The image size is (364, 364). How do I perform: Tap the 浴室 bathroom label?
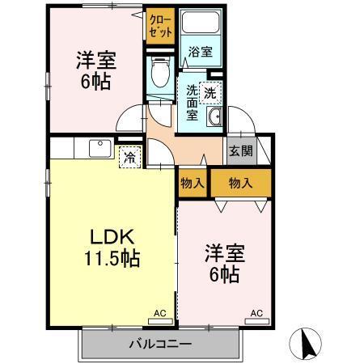click(200, 53)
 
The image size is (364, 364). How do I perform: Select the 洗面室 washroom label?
click(193, 102)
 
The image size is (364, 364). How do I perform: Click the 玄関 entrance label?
click(240, 151)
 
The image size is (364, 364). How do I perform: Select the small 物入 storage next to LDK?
click(192, 183)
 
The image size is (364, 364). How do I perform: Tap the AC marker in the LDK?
click(159, 312)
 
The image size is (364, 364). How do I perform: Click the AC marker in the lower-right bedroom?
click(256, 312)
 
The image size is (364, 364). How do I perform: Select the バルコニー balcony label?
click(160, 345)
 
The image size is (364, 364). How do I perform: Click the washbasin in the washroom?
click(214, 120)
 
